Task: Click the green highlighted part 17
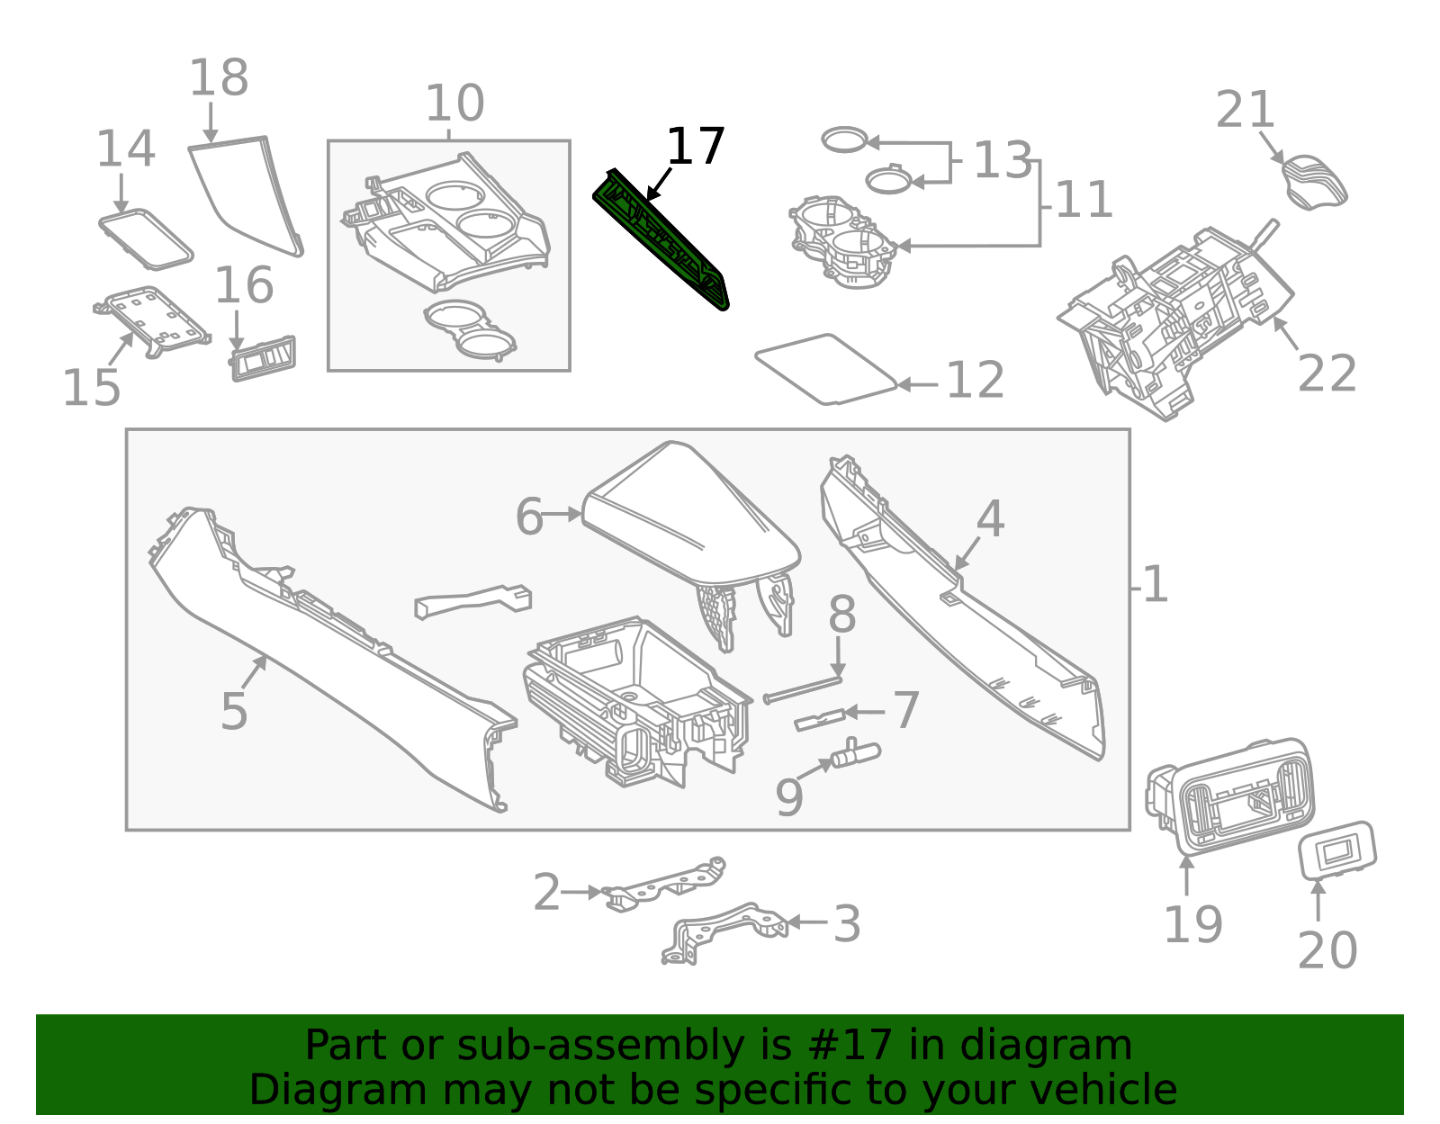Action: tap(661, 239)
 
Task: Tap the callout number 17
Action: tap(695, 147)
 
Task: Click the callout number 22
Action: tap(1327, 373)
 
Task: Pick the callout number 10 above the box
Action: tap(454, 103)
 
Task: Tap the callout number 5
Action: tap(234, 712)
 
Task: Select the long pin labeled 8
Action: tap(803, 690)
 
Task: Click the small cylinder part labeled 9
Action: tap(855, 754)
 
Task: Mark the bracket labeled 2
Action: tap(666, 884)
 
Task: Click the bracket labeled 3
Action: tap(724, 931)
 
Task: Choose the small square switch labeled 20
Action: tap(1337, 850)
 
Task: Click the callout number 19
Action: tap(1192, 924)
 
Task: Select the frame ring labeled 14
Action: tap(146, 239)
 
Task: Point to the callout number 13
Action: tap(1002, 161)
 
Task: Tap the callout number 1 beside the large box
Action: tap(1155, 586)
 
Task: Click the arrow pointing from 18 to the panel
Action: tap(211, 122)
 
